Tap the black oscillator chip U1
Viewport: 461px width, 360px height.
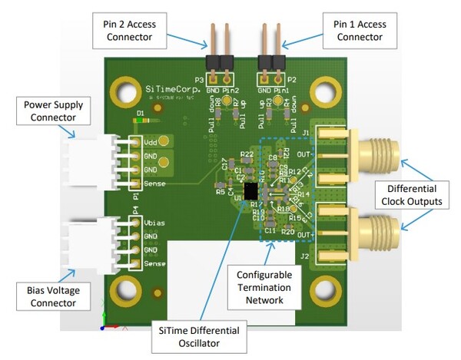[250, 191]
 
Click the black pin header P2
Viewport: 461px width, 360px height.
[273, 62]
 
